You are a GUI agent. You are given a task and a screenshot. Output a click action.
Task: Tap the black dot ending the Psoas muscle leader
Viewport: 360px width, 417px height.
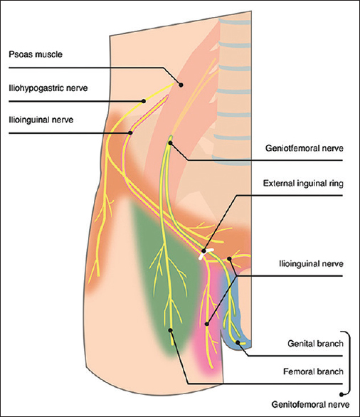[x=181, y=85]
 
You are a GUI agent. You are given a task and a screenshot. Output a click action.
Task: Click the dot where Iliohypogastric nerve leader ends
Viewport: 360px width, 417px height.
[x=143, y=100]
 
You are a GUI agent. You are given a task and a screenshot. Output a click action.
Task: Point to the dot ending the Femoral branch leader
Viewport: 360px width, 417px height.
[x=171, y=329]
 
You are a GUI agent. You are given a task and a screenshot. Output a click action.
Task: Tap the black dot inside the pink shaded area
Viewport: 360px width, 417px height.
[x=207, y=324]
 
